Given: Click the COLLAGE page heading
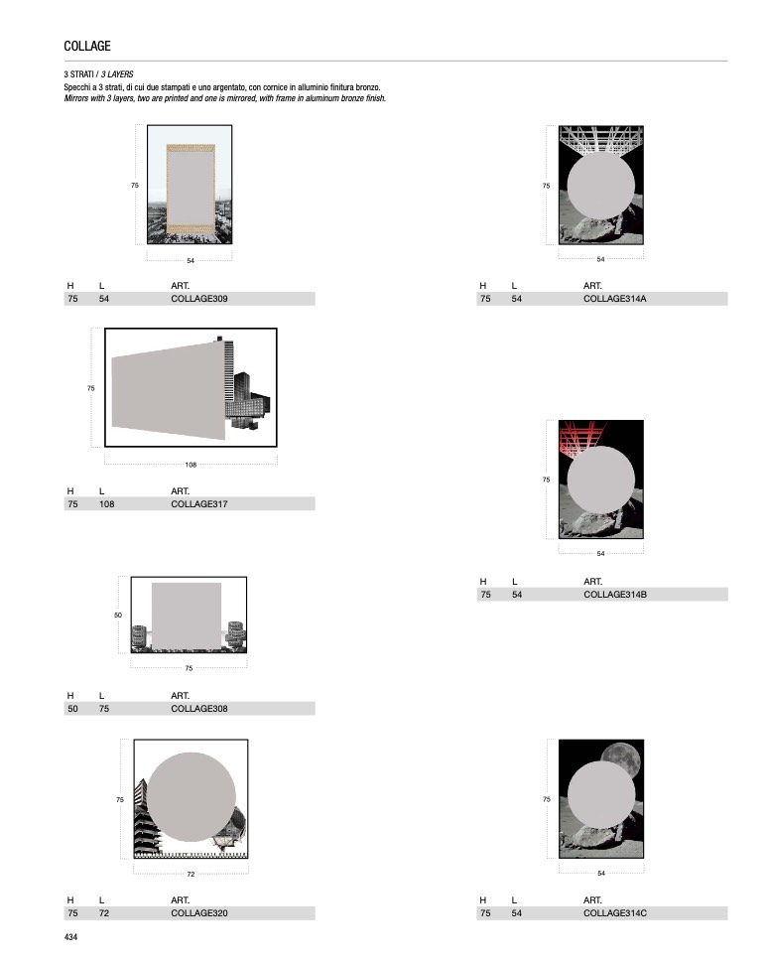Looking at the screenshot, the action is pos(87,46).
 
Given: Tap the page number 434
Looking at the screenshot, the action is pos(70,937).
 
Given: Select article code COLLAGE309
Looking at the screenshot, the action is pos(199,299).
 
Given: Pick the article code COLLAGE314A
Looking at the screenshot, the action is pos(615,299).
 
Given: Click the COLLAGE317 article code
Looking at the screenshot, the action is pos(199,504).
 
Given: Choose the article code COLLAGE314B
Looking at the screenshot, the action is pos(615,595).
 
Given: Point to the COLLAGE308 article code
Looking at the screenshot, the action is pos(199,709).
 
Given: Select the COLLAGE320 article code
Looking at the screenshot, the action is pos(199,913).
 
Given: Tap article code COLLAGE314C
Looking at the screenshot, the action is pos(615,913).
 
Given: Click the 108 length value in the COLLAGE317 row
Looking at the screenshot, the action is pos(106,504).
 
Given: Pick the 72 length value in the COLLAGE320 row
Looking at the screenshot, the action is pos(104,913).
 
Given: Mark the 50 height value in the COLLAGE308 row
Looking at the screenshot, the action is pos(72,709).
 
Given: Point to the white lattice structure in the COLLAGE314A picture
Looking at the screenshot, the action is pos(600,139).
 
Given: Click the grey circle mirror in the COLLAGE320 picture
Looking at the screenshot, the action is pos(192,797).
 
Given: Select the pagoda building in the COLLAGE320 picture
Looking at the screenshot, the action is pos(147,818).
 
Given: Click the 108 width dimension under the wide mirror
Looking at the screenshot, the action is pos(192,466).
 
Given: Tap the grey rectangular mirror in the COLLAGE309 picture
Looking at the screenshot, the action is pos(191,189).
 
